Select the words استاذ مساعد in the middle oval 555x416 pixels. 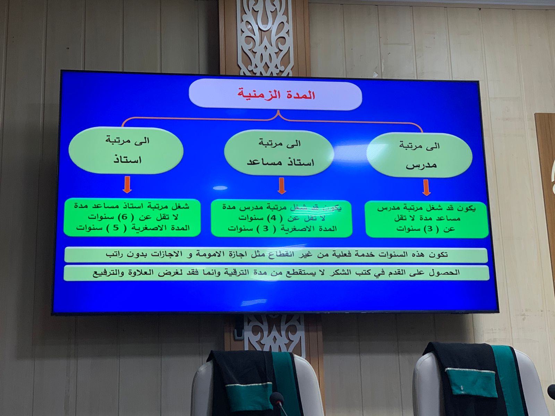point(280,162)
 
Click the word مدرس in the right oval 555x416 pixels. point(421,165)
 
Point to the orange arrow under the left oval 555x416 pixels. point(127,185)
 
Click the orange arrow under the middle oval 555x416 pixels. point(282,186)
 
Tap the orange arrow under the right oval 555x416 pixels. point(427,188)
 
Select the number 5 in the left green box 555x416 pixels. point(115,228)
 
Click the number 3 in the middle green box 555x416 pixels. point(265,229)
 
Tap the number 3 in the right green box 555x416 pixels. point(430,229)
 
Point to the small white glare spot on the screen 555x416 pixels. point(220,188)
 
